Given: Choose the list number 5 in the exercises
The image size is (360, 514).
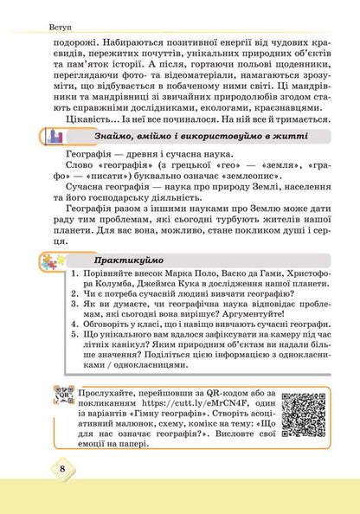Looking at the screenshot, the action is tap(76, 350).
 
